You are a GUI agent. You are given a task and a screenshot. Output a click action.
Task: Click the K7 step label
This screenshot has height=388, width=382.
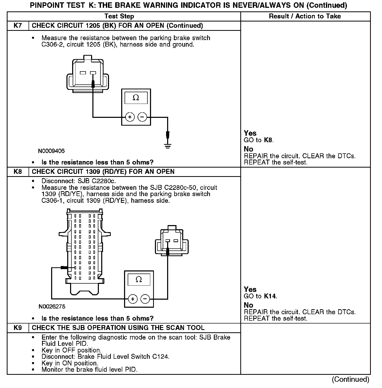coord(18,26)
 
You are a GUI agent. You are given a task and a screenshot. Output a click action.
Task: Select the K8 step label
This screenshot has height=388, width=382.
coord(18,172)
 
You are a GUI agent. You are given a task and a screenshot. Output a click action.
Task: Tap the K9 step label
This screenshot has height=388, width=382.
coord(18,328)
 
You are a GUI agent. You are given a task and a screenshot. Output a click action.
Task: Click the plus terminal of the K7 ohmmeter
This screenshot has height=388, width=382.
coord(130,117)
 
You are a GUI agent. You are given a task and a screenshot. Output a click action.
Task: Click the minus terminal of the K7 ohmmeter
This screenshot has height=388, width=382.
coord(142,117)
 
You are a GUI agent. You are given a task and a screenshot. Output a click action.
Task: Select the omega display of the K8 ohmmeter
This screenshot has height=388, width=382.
coord(139,280)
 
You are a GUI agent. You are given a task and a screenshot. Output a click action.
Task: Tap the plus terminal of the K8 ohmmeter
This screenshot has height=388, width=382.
coord(133,299)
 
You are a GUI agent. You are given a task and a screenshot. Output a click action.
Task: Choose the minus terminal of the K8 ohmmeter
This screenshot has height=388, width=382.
coord(145,299)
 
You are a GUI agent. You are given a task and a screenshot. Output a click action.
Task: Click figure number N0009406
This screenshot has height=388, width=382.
coord(51,151)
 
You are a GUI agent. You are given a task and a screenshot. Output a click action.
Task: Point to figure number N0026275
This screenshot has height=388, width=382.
coord(52,307)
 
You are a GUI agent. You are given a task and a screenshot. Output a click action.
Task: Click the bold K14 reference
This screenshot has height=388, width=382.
coord(270,296)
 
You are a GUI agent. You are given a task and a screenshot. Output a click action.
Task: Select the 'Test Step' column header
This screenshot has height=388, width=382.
coord(119,16)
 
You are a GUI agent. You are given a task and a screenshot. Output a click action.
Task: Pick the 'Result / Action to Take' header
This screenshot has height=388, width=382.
coord(305,16)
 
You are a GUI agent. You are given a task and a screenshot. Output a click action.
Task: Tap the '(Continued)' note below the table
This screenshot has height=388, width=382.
coord(350,379)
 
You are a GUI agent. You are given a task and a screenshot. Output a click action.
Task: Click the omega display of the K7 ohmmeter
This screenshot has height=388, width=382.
coord(136,98)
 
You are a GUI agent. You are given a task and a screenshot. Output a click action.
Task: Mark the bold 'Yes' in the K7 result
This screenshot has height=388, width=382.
coord(250,133)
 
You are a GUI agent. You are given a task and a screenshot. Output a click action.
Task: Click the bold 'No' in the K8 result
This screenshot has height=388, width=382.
coord(248,305)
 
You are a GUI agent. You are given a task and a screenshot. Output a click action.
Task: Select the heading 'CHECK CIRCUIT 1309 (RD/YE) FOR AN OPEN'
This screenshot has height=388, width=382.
coord(103,172)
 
